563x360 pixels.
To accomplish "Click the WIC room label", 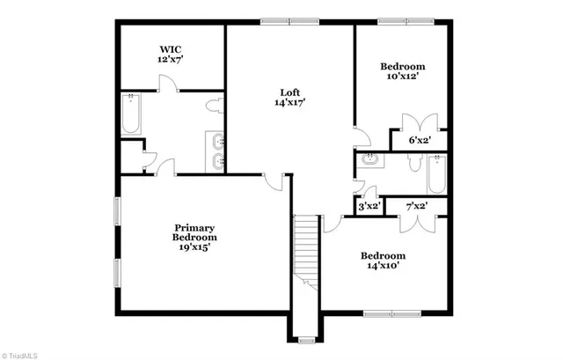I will (x=170, y=49).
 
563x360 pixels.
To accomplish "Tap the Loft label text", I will (x=289, y=92).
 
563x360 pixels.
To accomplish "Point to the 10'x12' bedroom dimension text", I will (x=402, y=77).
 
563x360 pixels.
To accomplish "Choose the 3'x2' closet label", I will (x=369, y=206).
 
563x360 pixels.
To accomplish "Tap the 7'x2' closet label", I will (x=416, y=206).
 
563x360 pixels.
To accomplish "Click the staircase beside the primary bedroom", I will (x=305, y=250).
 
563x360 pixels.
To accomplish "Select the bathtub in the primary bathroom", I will (x=130, y=114).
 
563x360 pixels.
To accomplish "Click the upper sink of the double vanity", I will (x=216, y=140).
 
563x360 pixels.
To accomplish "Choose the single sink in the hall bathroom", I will (x=369, y=160).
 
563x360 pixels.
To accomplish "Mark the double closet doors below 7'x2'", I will (x=414, y=222).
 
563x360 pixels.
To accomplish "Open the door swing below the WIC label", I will (x=168, y=84).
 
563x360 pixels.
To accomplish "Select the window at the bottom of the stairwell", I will (x=305, y=339).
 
